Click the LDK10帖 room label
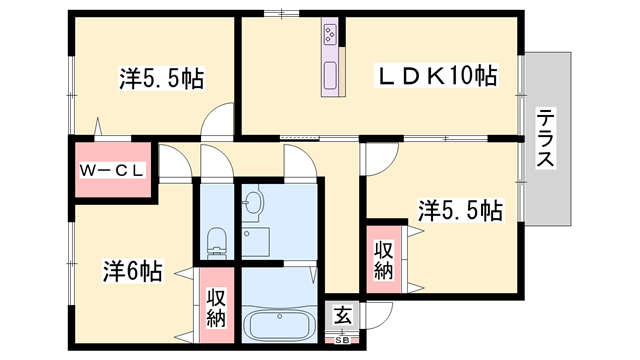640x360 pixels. click(436, 74)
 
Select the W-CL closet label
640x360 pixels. click(112, 170)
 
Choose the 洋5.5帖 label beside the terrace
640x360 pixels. click(460, 210)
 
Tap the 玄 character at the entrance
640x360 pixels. click(343, 316)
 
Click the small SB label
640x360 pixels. click(343, 341)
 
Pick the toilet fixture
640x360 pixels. click(216, 240)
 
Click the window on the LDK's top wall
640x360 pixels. click(281, 13)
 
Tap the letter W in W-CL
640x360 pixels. click(87, 170)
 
